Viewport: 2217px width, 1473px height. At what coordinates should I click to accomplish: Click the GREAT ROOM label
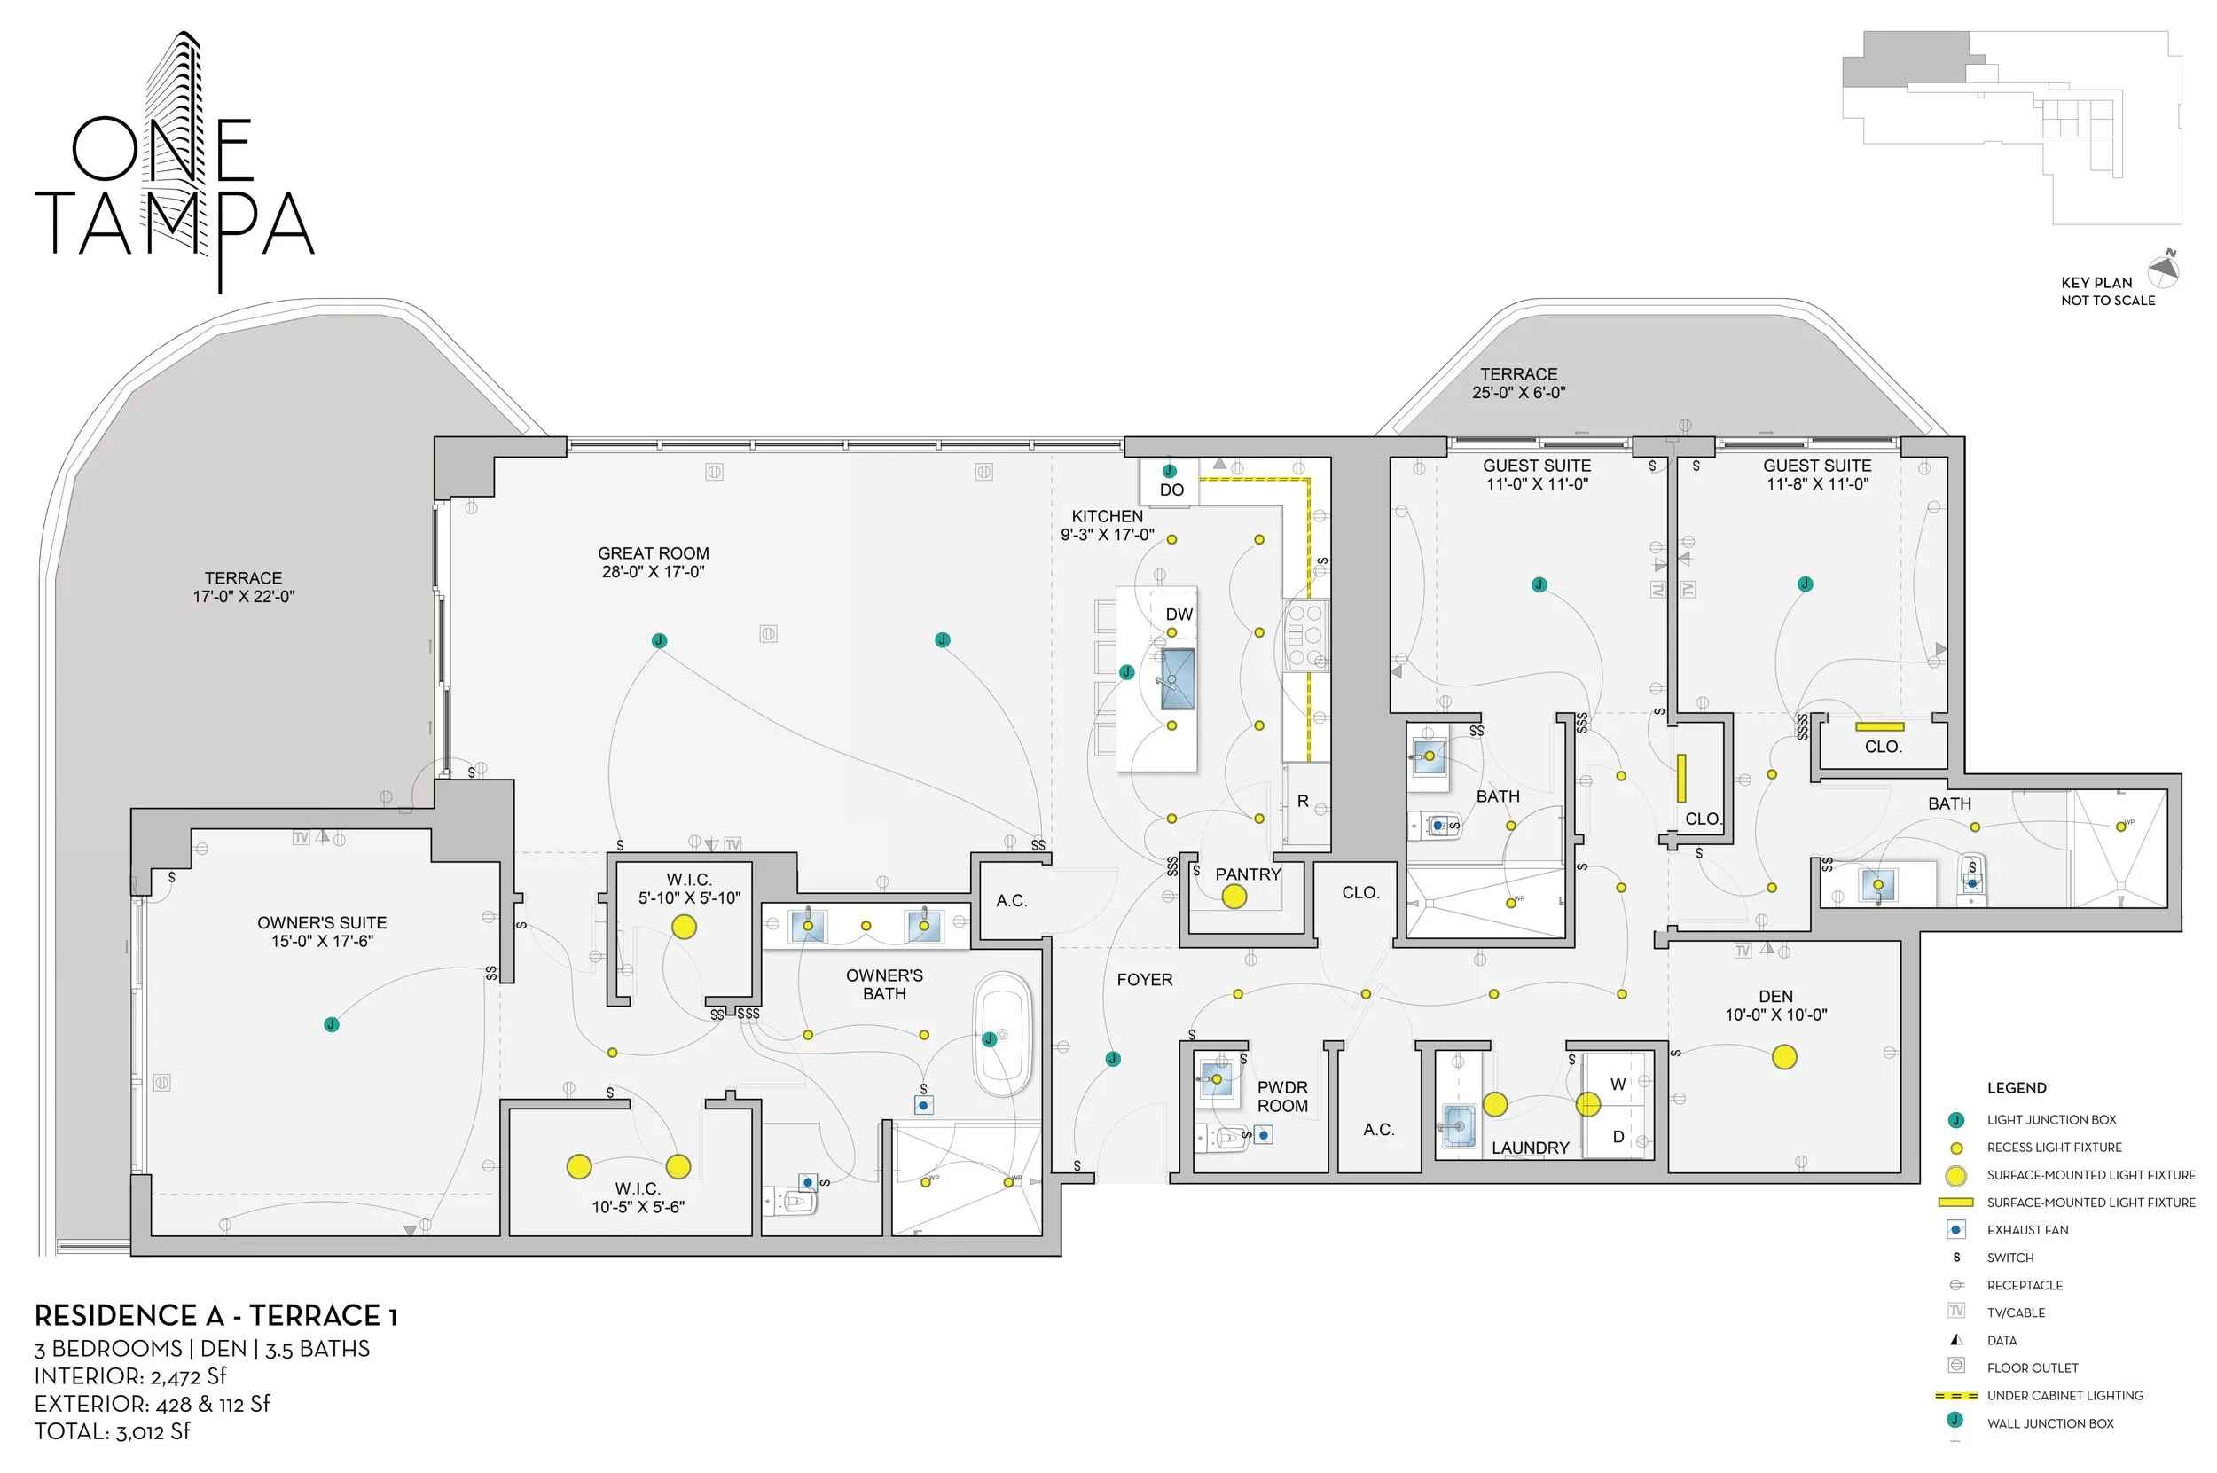(653, 553)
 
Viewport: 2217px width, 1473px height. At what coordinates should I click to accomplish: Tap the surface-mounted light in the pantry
(1234, 897)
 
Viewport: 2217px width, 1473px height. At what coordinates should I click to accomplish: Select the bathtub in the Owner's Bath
(1002, 1034)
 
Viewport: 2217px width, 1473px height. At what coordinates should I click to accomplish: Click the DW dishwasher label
(1179, 615)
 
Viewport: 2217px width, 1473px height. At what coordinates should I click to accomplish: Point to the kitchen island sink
(1177, 678)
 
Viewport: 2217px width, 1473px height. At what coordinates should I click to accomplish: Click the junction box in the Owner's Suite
(332, 1024)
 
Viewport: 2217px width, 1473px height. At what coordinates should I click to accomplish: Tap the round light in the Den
(1784, 1058)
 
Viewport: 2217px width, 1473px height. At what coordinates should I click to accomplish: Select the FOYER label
(1144, 980)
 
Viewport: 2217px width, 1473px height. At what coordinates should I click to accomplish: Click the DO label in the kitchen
(1171, 490)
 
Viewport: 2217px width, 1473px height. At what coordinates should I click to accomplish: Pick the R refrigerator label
(1303, 802)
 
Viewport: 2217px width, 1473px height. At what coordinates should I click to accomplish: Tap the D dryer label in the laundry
(1618, 1137)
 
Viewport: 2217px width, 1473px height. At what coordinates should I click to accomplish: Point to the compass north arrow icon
(2164, 269)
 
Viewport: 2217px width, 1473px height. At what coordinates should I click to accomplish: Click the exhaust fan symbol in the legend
(1956, 1230)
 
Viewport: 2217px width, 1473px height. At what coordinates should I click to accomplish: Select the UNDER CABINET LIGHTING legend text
(2064, 1395)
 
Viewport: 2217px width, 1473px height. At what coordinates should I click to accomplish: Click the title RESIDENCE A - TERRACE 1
(216, 1315)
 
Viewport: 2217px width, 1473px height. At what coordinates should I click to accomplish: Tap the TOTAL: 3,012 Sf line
(113, 1431)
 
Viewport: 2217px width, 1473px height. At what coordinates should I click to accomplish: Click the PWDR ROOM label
(1282, 1096)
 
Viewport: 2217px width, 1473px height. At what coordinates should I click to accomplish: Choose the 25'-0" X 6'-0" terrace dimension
(1518, 393)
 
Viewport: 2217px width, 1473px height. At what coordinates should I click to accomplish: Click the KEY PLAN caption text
(2096, 283)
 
